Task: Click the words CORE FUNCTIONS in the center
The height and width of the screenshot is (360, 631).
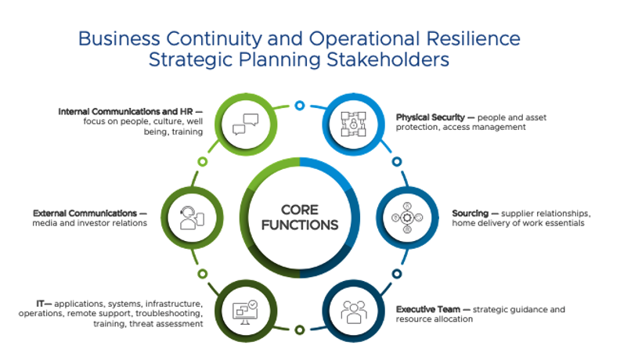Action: point(300,217)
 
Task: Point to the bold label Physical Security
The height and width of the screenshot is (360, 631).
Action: point(431,117)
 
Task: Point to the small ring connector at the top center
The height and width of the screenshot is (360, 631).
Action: point(299,105)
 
